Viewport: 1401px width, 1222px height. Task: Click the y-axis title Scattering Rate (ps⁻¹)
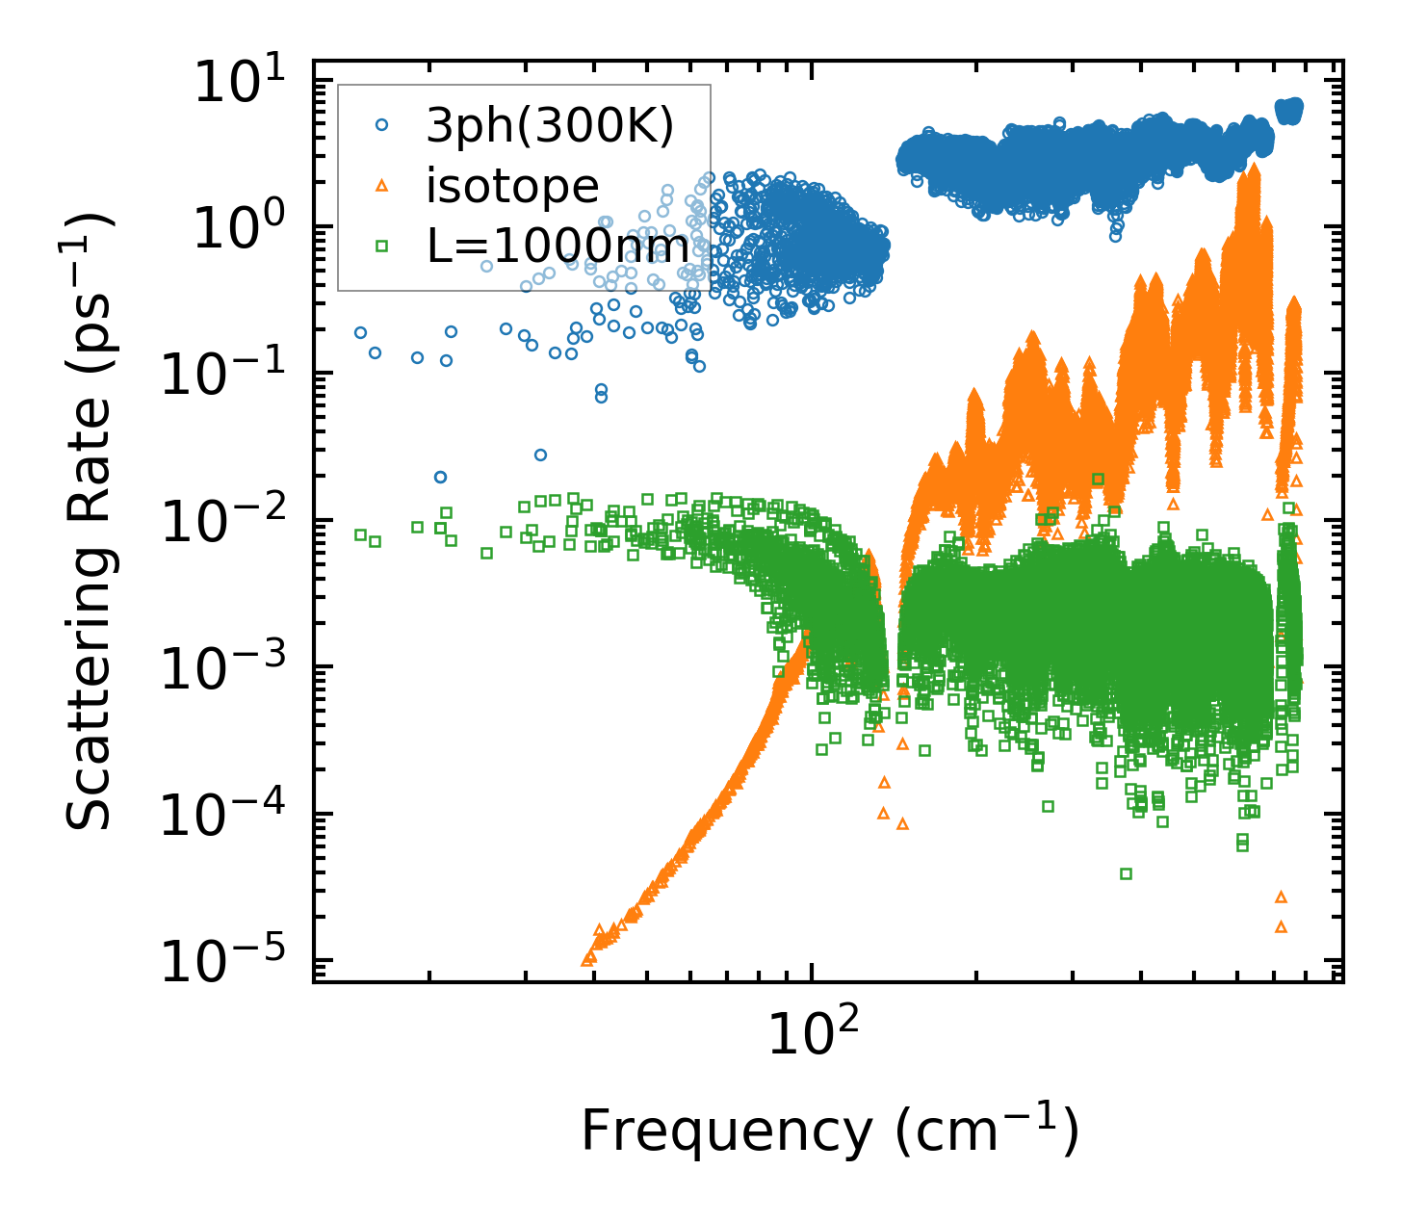pyautogui.click(x=89, y=521)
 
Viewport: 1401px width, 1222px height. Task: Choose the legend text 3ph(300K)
pyautogui.click(x=550, y=126)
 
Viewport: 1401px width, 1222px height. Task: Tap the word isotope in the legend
pyautogui.click(x=512, y=186)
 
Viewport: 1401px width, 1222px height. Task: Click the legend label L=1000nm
pyautogui.click(x=558, y=247)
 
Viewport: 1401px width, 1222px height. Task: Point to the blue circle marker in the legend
pyautogui.click(x=381, y=125)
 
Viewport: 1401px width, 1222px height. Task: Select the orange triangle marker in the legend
pyautogui.click(x=381, y=185)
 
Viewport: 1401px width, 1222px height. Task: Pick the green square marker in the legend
pyautogui.click(x=381, y=247)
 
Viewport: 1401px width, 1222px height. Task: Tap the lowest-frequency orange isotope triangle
pyautogui.click(x=587, y=959)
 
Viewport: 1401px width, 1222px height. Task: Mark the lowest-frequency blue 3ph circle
pyautogui.click(x=360, y=332)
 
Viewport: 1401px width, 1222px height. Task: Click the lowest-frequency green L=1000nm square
pyautogui.click(x=360, y=534)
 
